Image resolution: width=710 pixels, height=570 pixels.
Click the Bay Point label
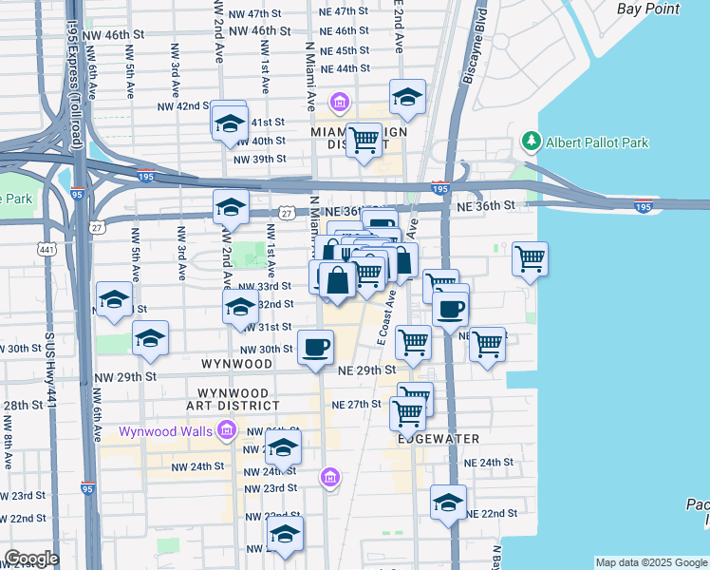point(648,9)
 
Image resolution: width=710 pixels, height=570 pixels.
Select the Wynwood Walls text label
point(167,431)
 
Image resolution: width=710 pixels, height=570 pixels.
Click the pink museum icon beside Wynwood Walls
point(226,432)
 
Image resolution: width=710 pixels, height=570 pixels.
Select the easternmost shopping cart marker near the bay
point(530,258)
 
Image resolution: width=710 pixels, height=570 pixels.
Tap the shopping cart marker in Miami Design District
point(364,141)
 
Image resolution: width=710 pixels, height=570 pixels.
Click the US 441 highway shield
point(46,249)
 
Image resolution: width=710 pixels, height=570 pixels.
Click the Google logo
point(31,559)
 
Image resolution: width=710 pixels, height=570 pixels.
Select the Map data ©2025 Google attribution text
point(651,562)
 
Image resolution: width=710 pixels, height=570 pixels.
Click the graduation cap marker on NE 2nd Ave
point(407,97)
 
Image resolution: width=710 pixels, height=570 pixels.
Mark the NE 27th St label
point(356,404)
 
